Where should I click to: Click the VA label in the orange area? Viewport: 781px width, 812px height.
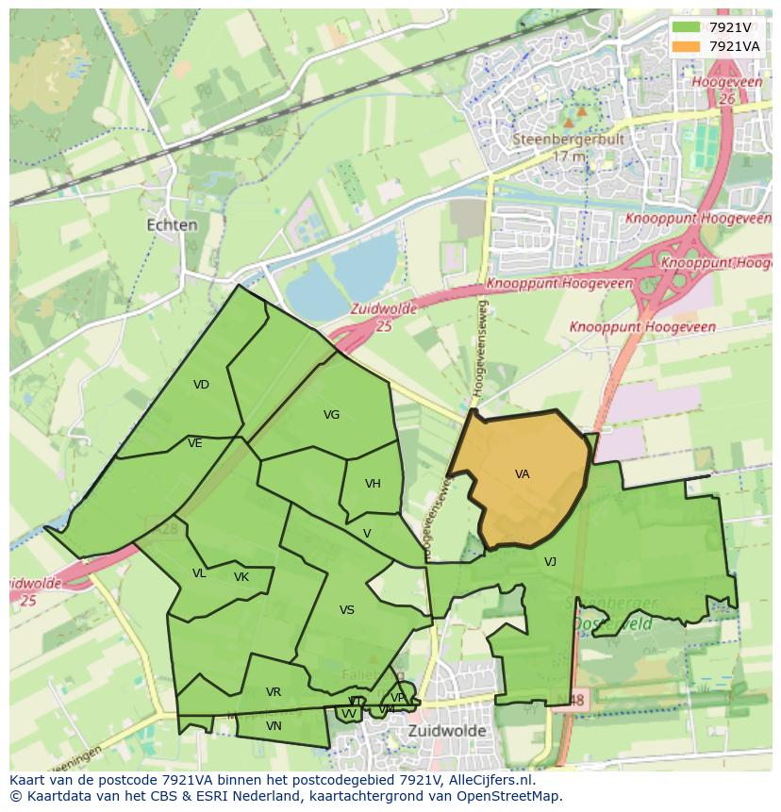[x=522, y=474]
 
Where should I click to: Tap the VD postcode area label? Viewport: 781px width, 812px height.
[x=201, y=385]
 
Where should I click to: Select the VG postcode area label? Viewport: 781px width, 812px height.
[x=331, y=415]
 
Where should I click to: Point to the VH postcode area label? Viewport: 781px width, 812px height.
[x=373, y=484]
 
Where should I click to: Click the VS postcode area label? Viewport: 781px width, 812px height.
[x=347, y=610]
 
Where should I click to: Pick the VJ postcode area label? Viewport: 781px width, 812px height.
[x=550, y=562]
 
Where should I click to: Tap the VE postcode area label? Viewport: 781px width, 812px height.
[x=195, y=443]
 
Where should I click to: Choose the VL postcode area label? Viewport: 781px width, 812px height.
[x=199, y=573]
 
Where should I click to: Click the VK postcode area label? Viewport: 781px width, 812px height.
[x=241, y=577]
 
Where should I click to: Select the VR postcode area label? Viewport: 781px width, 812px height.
[x=274, y=692]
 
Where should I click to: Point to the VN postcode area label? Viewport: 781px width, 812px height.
[x=274, y=726]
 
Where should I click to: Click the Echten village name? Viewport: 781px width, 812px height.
[x=173, y=225]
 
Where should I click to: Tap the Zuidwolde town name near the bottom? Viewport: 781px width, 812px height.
[x=447, y=731]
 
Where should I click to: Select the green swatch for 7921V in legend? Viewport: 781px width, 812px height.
[x=686, y=27]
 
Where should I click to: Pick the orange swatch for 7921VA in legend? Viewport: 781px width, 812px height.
[x=686, y=46]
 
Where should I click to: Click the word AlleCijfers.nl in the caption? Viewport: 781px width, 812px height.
[x=490, y=780]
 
